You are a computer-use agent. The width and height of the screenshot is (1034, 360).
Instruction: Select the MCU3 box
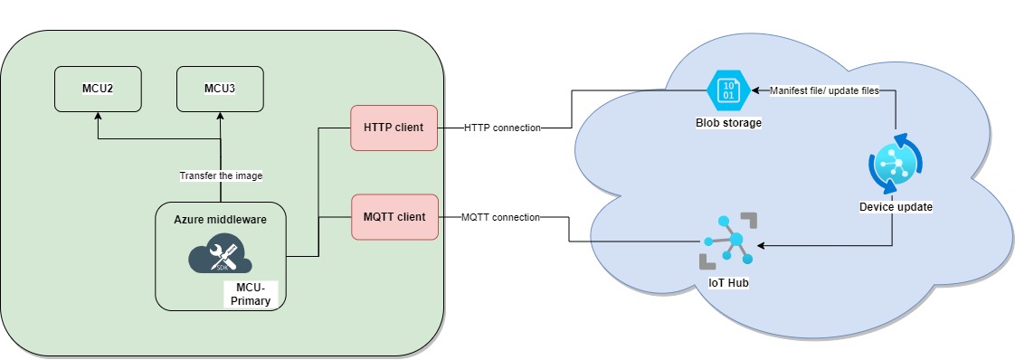click(220, 89)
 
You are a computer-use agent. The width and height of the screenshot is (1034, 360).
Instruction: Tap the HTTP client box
click(394, 127)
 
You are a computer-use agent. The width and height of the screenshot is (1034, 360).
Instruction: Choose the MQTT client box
click(394, 217)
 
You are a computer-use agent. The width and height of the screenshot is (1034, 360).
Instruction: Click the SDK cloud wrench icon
click(220, 256)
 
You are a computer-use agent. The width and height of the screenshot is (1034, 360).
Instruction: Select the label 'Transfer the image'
click(220, 175)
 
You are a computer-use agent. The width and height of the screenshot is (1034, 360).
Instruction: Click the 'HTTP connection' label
click(502, 128)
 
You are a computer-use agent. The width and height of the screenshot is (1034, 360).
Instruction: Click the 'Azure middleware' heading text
click(220, 220)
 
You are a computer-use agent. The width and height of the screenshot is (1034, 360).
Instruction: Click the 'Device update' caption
click(895, 206)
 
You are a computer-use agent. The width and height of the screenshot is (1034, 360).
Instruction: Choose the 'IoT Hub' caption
click(729, 283)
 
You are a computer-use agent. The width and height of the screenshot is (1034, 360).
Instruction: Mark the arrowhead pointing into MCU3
click(220, 116)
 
